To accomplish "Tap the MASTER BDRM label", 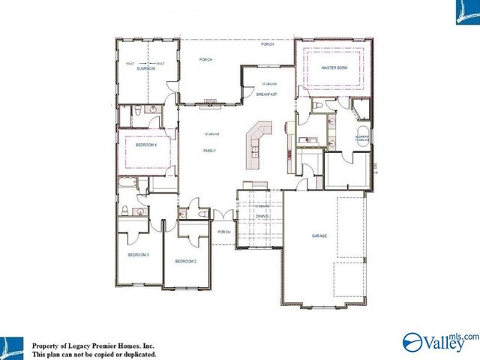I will [333, 67].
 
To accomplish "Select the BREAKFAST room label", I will [267, 94].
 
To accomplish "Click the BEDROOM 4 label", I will [145, 145].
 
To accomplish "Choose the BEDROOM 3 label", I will [138, 255].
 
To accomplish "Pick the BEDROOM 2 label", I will [185, 261].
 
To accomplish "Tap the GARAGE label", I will [320, 235].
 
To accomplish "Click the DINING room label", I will [262, 216].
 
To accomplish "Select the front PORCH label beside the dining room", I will [224, 232].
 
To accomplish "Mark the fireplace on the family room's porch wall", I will [211, 100].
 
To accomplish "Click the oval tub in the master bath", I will [359, 111].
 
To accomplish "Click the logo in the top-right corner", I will [466, 12].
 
